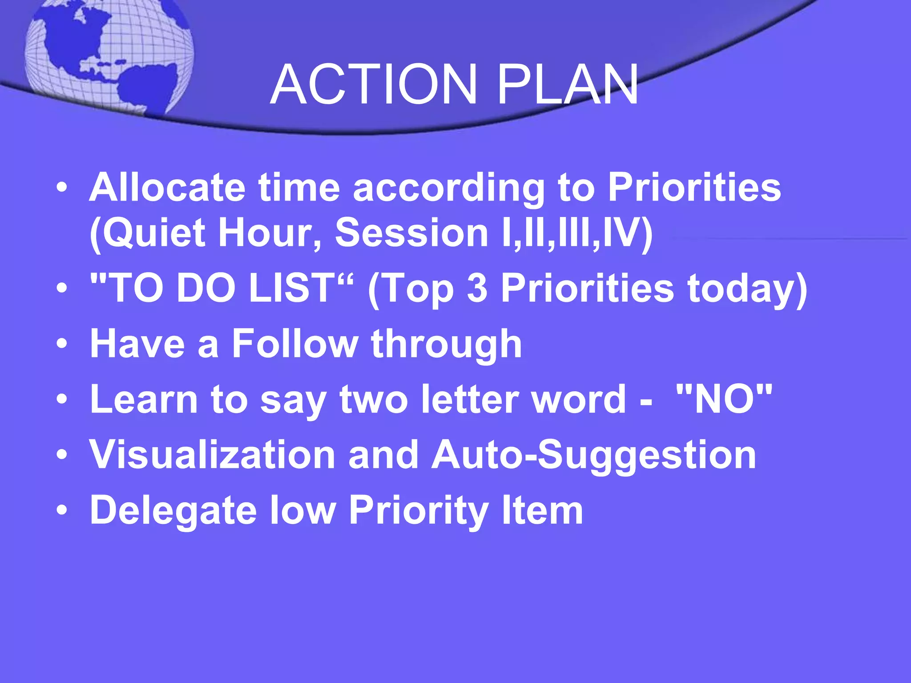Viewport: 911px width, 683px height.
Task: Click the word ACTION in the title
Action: [374, 84]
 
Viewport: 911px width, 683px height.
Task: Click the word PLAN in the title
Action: [568, 84]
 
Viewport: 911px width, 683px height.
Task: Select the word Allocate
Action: [167, 187]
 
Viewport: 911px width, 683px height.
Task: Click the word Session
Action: [411, 233]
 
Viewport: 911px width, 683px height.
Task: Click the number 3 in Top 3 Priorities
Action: [477, 288]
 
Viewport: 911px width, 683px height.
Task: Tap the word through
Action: [446, 345]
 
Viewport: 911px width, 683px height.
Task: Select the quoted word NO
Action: [724, 399]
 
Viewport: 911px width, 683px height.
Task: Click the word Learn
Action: [144, 399]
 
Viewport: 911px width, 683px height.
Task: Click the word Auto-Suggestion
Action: [594, 455]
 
